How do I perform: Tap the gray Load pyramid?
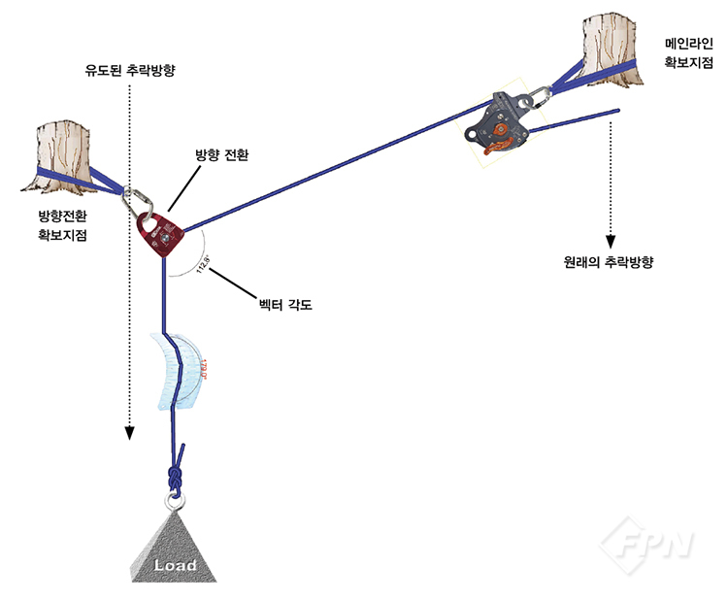click(x=175, y=549)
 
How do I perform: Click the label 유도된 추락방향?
click(x=135, y=71)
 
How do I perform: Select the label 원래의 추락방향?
click(x=611, y=261)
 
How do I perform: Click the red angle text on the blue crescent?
click(x=204, y=369)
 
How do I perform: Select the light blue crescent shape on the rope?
click(x=180, y=374)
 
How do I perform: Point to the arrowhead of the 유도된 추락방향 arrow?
click(x=128, y=434)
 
